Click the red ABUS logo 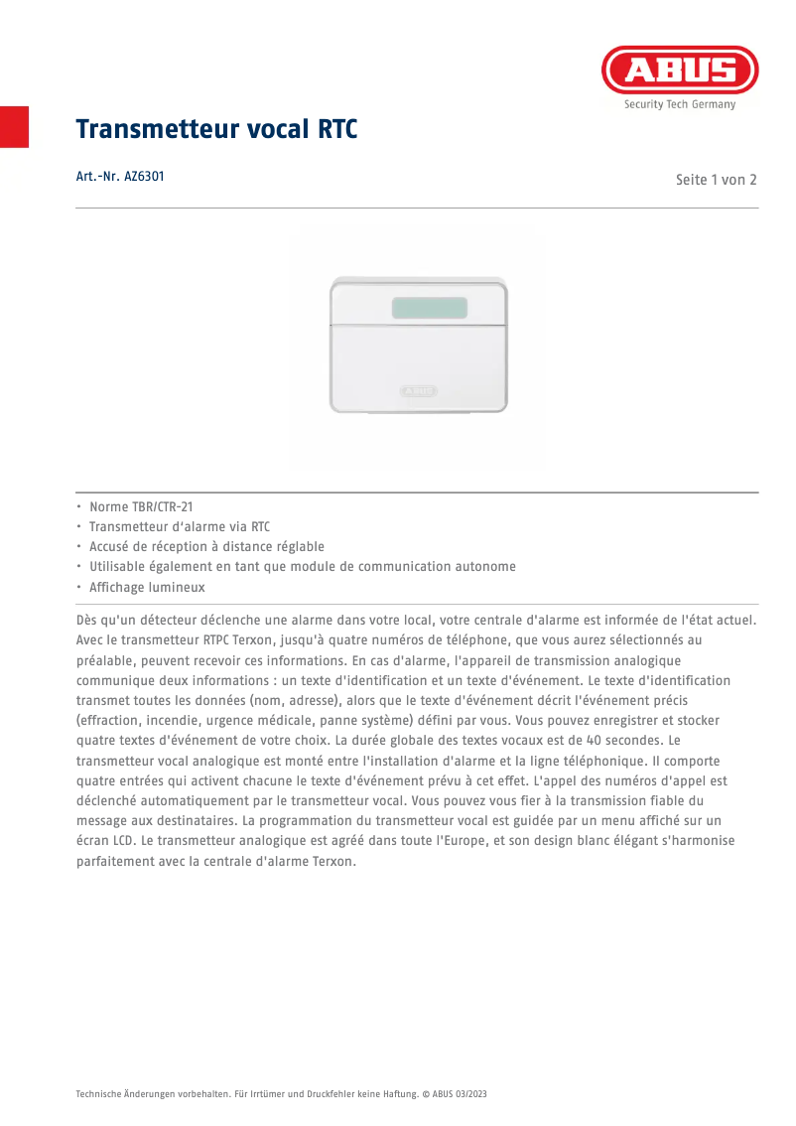coord(680,70)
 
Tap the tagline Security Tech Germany coord(680,104)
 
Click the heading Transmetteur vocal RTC coord(216,130)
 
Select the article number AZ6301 coord(120,177)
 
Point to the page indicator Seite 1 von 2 coord(716,180)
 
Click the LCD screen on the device coord(429,308)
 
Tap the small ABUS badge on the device coord(419,391)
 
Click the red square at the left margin coord(14,126)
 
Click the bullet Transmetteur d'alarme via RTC coord(180,527)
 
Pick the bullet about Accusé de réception coord(206,547)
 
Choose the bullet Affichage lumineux coord(147,587)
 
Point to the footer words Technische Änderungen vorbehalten coord(140,1093)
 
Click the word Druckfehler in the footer coord(325,1093)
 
